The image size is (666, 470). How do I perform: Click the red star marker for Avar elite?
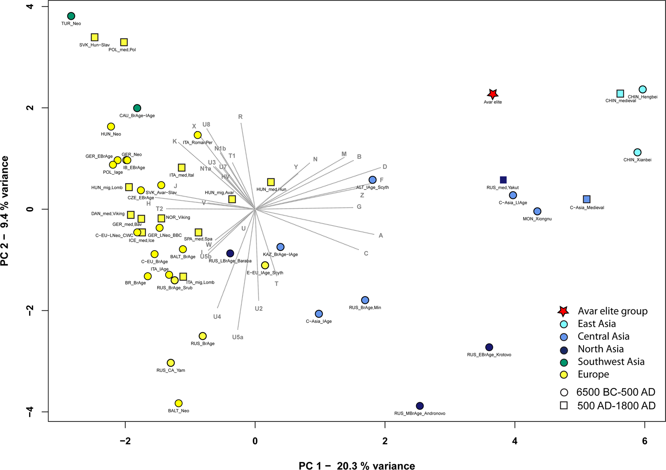click(x=492, y=94)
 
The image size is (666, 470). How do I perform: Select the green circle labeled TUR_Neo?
click(x=71, y=16)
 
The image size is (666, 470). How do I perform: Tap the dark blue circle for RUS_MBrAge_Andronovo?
click(x=419, y=406)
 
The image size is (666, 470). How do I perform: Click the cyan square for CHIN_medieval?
click(x=620, y=94)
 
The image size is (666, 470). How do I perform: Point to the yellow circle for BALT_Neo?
click(x=179, y=403)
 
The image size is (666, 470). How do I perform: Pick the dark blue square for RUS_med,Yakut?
click(x=503, y=180)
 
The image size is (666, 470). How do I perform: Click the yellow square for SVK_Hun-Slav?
click(x=95, y=37)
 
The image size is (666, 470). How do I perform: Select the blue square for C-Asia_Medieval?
click(x=587, y=199)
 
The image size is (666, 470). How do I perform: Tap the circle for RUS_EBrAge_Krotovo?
click(x=489, y=347)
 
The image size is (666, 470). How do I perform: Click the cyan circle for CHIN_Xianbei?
click(x=637, y=152)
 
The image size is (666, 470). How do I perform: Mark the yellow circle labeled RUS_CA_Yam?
click(x=171, y=363)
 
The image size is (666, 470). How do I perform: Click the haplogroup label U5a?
click(x=238, y=337)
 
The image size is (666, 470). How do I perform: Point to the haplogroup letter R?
click(x=240, y=117)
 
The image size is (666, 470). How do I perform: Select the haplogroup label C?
click(x=366, y=253)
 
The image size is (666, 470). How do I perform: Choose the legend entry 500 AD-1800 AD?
click(x=615, y=405)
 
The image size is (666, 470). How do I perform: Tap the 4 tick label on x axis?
click(x=514, y=441)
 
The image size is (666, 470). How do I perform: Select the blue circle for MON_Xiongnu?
click(x=537, y=211)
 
